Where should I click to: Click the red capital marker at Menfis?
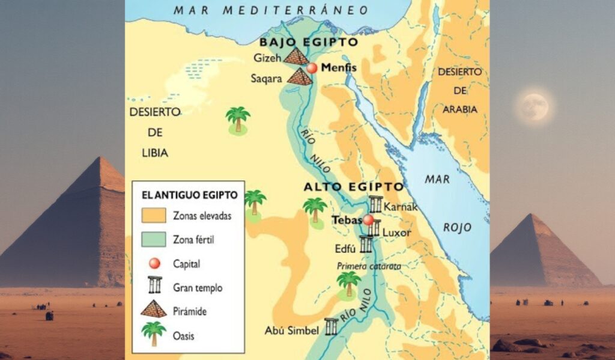pos(311,68)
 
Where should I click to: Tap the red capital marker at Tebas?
pos(368,220)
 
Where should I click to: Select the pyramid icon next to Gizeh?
pos(295,56)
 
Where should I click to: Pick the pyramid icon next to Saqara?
pos(299,77)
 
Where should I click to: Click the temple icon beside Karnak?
pos(376,204)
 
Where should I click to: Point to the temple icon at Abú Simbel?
pos(331,326)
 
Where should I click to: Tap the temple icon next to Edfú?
pos(366,244)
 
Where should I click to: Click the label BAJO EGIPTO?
pos(308,42)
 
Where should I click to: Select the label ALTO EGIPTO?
pos(353,187)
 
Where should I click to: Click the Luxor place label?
pos(396,232)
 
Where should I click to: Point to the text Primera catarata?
pos(369,266)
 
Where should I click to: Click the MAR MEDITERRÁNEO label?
pos(271,10)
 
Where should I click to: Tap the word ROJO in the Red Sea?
pos(457,228)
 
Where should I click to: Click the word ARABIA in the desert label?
pos(459,109)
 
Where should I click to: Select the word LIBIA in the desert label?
pos(154,153)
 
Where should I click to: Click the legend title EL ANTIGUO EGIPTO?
pos(189,195)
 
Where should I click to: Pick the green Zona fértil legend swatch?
pos(154,240)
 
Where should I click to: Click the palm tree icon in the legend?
pos(154,334)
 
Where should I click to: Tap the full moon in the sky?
pos(534,107)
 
